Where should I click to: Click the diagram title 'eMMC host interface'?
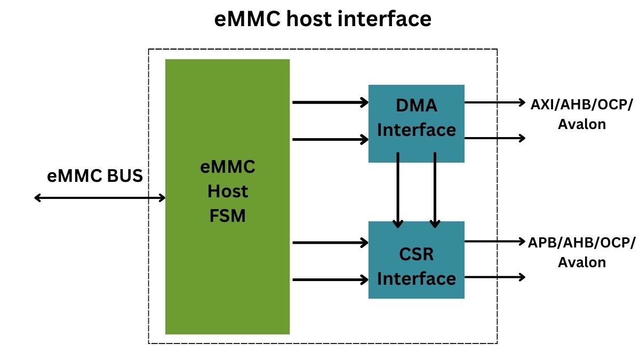point(323,19)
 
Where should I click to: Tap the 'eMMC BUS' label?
point(95,175)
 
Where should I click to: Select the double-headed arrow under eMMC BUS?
point(100,198)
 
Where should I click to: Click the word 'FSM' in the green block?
point(228,217)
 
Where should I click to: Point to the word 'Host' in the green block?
point(228,191)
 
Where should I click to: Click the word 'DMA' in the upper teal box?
point(416,106)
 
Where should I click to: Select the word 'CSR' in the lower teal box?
point(416,254)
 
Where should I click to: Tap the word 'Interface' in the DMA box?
point(416,130)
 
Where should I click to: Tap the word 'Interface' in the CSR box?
point(416,278)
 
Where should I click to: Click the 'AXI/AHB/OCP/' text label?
point(582,104)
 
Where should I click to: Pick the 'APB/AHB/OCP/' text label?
point(582,242)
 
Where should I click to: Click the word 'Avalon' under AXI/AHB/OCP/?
point(582,124)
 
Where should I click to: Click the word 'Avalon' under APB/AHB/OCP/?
point(582,262)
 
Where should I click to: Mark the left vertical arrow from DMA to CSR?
point(398,189)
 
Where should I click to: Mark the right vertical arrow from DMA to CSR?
point(435,189)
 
